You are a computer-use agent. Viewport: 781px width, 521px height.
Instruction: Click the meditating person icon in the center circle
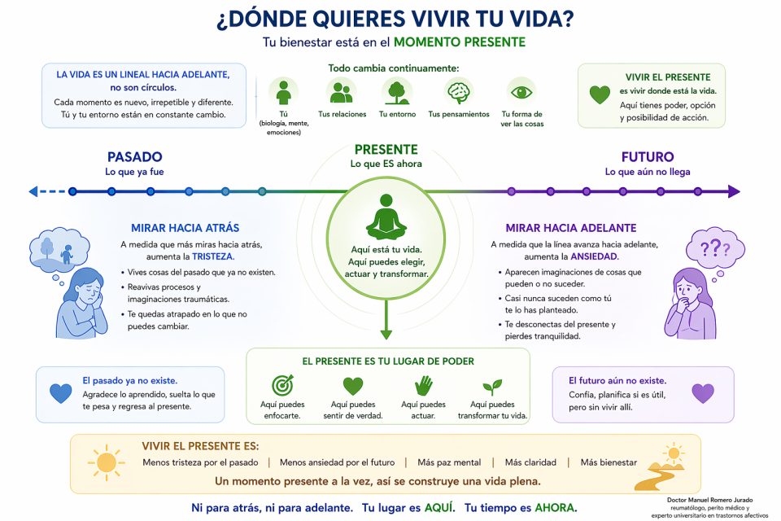pos(386,217)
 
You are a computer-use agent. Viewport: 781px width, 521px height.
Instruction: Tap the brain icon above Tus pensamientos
pos(459,90)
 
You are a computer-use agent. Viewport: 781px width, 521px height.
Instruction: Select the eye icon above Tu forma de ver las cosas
pos(521,90)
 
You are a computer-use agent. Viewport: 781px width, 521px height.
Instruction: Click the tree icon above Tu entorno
pos(397,90)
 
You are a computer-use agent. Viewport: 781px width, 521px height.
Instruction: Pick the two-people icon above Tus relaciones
pos(341,90)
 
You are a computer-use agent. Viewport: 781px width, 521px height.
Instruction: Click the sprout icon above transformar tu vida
pos(493,386)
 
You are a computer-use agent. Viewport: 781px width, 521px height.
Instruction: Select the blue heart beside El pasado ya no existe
pos(61,393)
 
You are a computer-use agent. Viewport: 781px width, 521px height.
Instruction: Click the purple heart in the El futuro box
pos(702,393)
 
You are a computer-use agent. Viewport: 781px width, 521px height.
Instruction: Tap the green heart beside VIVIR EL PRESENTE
pos(600,94)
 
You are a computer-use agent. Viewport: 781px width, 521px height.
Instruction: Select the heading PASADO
pos(135,157)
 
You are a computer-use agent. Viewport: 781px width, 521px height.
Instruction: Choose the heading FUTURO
pos(647,157)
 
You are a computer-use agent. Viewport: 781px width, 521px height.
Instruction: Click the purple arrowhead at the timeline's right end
pos(734,192)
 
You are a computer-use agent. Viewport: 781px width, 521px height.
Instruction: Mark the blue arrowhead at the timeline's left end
pos(33,192)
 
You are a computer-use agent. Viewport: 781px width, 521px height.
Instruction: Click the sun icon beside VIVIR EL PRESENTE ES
pos(106,462)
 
